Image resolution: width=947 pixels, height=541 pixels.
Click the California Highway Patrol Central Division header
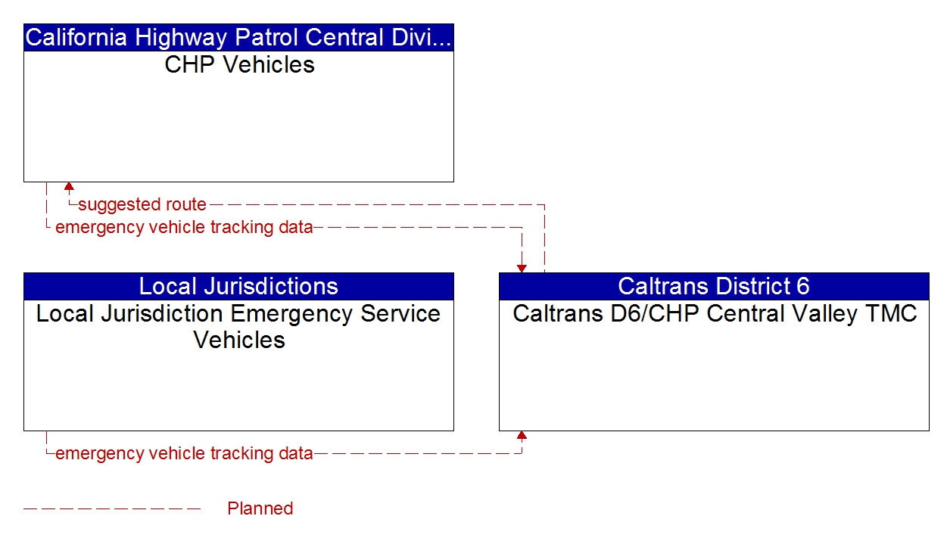pos(238,37)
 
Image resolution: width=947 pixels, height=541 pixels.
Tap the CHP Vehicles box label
pos(239,64)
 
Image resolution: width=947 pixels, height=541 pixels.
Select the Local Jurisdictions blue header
pos(238,286)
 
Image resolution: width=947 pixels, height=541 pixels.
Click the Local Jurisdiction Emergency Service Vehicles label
pos(238,326)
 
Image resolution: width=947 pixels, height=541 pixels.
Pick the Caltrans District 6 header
pos(713,286)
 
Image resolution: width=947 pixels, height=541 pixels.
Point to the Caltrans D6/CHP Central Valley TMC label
pos(714,313)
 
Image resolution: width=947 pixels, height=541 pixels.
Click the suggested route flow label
pos(142,204)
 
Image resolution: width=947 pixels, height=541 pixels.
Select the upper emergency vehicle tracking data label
pos(184,227)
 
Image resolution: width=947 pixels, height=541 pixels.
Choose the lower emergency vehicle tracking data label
pos(184,454)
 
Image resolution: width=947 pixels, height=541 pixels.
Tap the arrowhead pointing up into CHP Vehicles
pos(69,186)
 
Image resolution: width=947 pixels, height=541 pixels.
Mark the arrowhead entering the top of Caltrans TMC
pos(522,268)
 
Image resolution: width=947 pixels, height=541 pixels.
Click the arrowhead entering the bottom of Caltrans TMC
pos(522,436)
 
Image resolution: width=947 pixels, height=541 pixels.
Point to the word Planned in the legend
pos(260,508)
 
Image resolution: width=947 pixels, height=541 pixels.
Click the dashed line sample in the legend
pos(112,508)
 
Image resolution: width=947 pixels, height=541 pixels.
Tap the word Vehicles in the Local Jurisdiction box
pos(239,340)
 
